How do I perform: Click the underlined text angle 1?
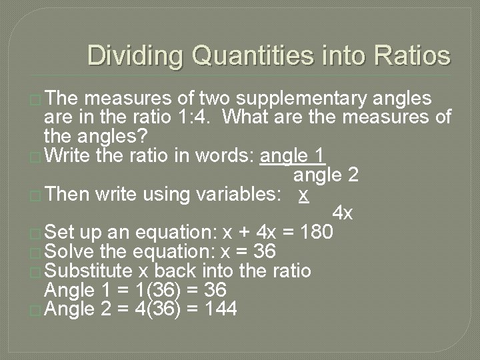(293, 156)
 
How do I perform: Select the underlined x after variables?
(303, 195)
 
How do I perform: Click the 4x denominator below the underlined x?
(343, 214)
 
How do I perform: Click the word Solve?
(68, 252)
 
